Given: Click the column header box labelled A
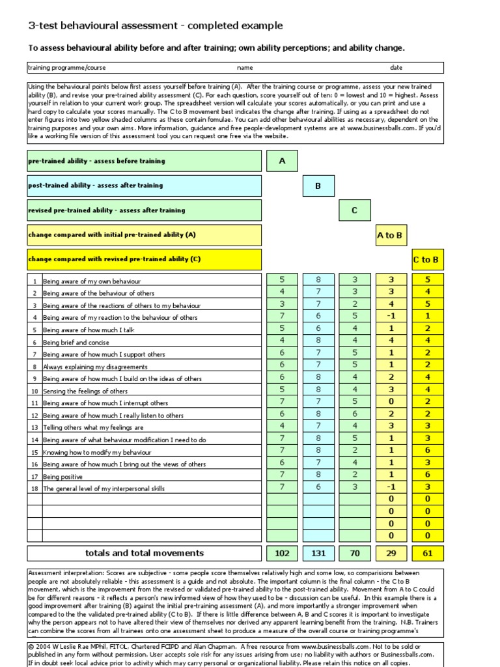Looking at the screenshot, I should click(282, 161).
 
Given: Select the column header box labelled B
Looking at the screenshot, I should click(318, 186).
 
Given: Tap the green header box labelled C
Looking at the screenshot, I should click(355, 210).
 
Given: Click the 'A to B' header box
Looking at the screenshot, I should click(391, 235).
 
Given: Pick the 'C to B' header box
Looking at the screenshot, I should click(426, 259).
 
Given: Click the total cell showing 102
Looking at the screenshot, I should click(282, 553).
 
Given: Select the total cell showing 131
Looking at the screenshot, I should click(318, 553).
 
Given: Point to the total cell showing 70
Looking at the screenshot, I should click(355, 553).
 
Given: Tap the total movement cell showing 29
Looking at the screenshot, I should click(391, 553).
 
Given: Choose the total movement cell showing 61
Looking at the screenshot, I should click(427, 553).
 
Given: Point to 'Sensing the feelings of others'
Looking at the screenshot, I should click(85, 391).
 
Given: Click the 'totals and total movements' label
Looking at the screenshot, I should click(145, 553).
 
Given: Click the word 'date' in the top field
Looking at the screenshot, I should click(396, 68).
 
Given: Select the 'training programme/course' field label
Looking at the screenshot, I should click(67, 68).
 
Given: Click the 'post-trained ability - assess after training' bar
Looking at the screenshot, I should click(145, 186).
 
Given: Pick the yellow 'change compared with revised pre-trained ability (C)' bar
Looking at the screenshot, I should click(145, 259).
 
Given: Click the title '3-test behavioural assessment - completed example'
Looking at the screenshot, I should click(156, 26).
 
